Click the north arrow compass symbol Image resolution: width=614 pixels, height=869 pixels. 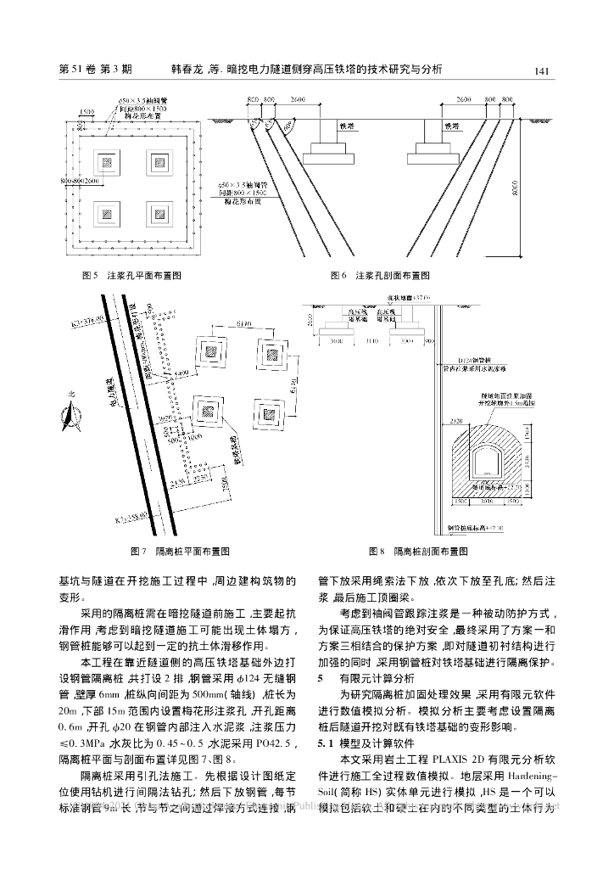pyautogui.click(x=68, y=417)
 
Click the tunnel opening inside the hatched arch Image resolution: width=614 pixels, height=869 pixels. pyautogui.click(x=486, y=462)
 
